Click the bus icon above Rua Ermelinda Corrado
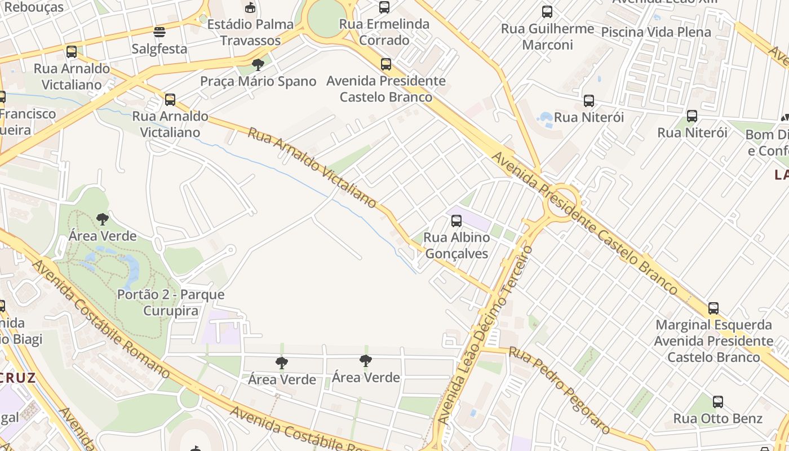point(384,7)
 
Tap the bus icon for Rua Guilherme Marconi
point(547,12)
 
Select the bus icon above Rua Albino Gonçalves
point(456,221)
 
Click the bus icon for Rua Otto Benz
point(717,402)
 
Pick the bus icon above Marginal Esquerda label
point(713,308)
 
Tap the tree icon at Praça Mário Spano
point(258,65)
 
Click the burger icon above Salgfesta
point(159,32)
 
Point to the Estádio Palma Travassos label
point(251,33)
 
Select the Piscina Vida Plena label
point(656,32)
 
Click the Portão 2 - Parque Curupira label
point(171,303)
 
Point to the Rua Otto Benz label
point(718,419)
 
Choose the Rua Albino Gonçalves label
point(456,246)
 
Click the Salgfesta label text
point(159,49)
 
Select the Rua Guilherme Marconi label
point(547,37)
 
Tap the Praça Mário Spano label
point(258,82)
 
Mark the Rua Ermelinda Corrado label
point(384,32)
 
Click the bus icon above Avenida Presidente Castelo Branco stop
point(386,64)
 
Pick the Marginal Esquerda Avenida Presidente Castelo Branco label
point(713,341)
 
